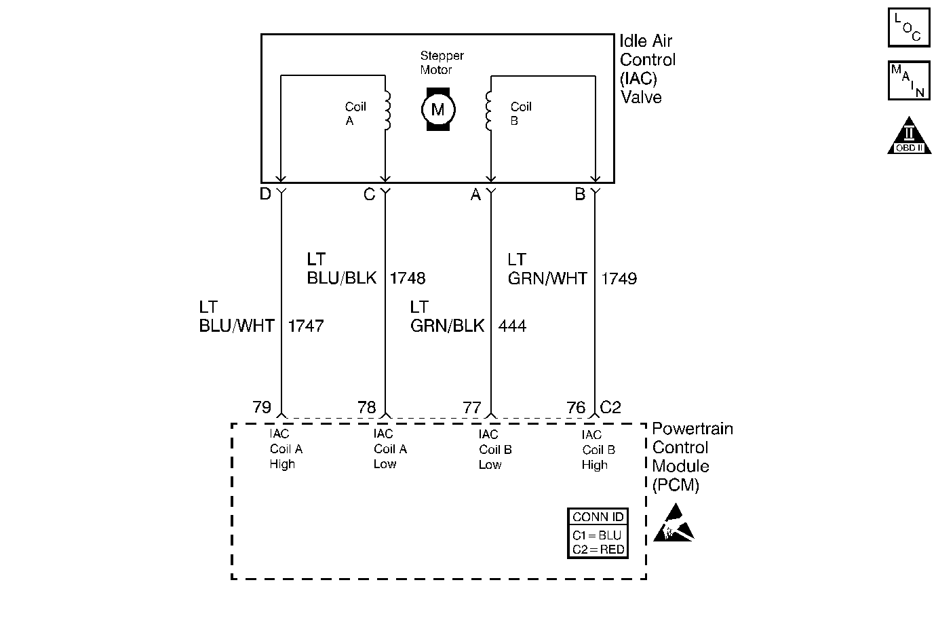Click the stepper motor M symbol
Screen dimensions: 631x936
tap(437, 109)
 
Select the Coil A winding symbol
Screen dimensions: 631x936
tap(387, 111)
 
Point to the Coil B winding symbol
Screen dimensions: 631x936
tap(488, 111)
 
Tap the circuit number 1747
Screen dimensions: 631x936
tap(306, 326)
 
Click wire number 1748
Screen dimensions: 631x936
tap(408, 278)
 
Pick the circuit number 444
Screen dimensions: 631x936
tap(512, 326)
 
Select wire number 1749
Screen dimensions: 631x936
tap(619, 278)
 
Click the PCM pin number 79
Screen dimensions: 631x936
tap(262, 407)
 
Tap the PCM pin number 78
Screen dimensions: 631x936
tap(366, 407)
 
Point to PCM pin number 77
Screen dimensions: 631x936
tap(471, 407)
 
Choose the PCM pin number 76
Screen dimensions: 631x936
tap(575, 407)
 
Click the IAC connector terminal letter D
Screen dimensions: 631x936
tap(265, 195)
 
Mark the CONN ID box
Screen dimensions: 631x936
tap(598, 533)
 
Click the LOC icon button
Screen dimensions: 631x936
tap(908, 28)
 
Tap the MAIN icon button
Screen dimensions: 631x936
tap(908, 80)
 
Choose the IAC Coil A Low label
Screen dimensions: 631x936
tap(390, 449)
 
